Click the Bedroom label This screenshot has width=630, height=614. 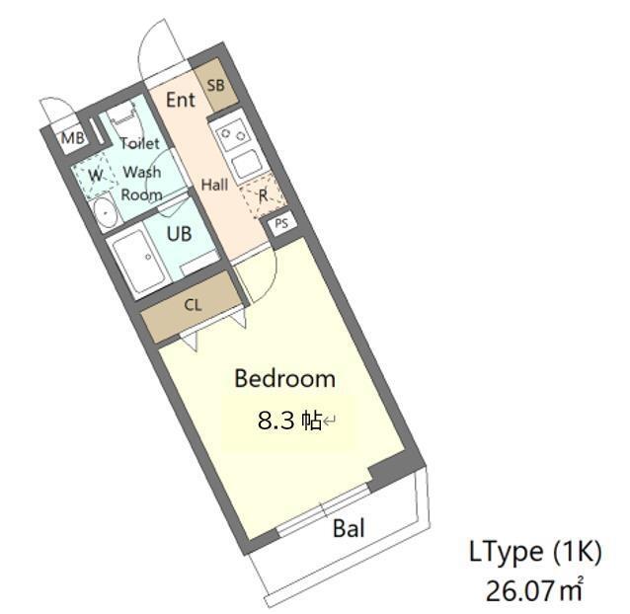pos(284,378)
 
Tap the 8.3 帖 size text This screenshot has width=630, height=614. pos(289,422)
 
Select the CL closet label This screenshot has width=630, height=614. pos(193,305)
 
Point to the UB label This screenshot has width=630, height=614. pos(179,235)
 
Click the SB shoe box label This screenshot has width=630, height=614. pos(215,85)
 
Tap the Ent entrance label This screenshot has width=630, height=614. pos(180,100)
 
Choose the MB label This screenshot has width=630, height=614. pos(72,138)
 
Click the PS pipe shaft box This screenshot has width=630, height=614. pos(281,223)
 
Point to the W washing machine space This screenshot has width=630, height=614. pos(95,175)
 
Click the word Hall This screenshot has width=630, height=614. pos(214,185)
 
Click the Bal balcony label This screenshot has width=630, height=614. pos(349,529)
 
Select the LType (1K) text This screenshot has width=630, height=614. pos(533,553)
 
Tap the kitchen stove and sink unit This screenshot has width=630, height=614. pos(237,148)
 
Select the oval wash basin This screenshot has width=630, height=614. pos(104,211)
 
